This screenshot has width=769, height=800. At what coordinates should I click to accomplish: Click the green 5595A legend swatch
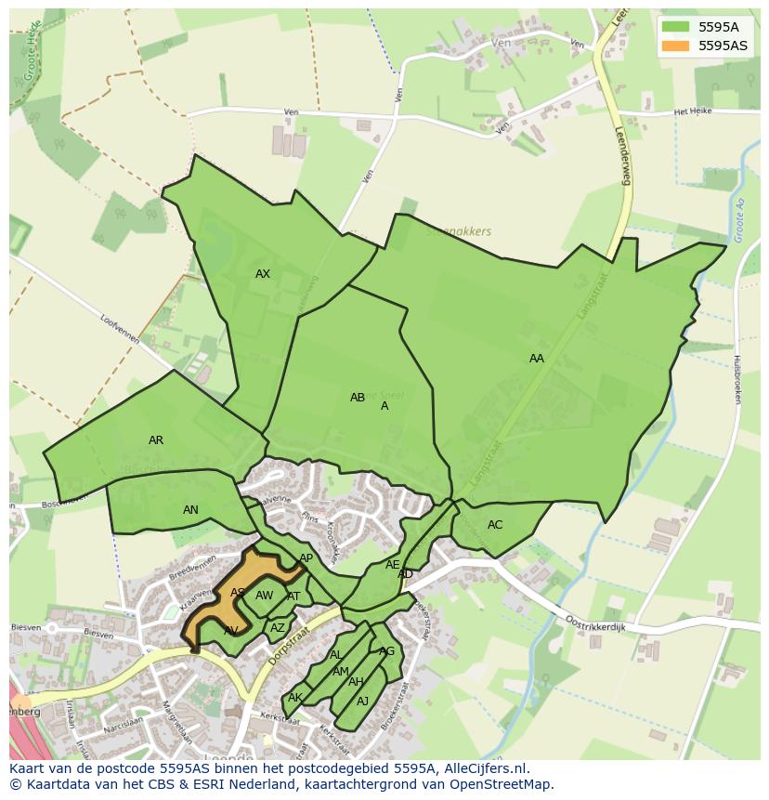[675, 27]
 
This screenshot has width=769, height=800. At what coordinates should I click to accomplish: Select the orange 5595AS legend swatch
[675, 45]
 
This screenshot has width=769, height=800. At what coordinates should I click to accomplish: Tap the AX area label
[263, 274]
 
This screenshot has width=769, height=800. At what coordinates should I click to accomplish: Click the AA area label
[537, 359]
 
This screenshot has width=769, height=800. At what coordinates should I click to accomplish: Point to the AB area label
[358, 398]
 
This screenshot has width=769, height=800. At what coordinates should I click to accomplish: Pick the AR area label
[156, 440]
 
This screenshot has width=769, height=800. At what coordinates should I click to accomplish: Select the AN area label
[190, 510]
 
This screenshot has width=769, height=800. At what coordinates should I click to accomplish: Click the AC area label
[495, 525]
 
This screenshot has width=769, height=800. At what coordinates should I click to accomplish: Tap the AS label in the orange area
[238, 593]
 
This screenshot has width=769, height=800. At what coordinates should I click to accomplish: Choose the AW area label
[265, 596]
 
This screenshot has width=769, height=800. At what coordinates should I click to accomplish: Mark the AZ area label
[277, 628]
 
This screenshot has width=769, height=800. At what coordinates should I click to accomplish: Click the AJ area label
[363, 702]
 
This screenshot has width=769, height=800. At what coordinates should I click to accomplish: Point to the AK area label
[295, 698]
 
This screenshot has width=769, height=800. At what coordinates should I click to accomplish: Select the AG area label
[387, 651]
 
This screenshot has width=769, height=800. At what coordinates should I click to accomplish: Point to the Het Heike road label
[692, 111]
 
